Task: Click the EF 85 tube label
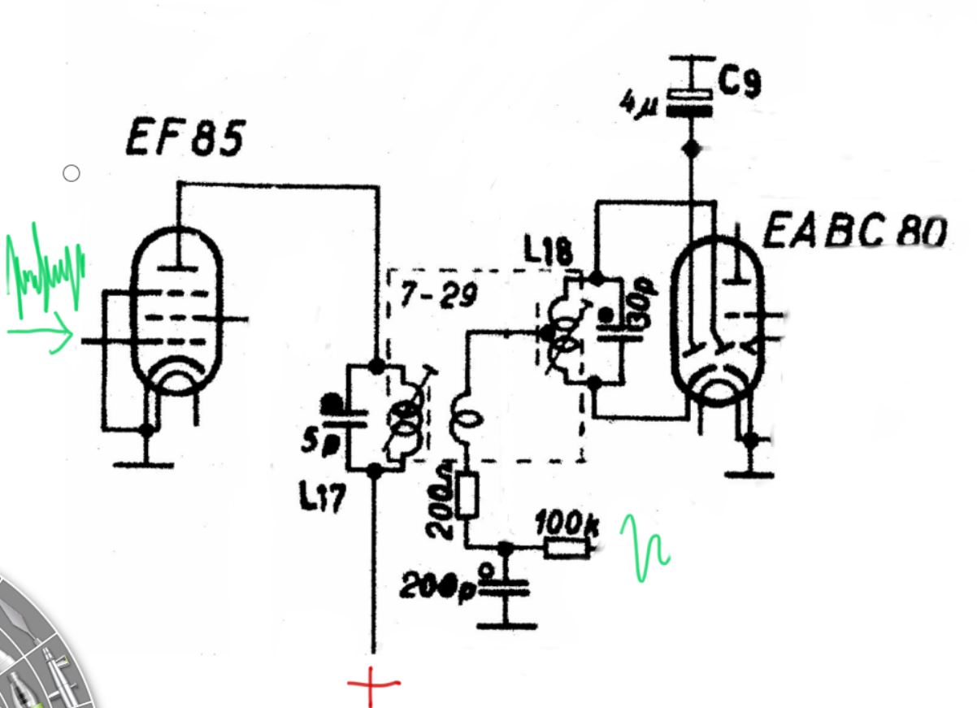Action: (185, 139)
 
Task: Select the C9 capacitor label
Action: (740, 82)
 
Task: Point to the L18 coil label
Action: (549, 254)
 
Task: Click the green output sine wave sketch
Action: (645, 549)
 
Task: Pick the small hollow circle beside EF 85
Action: (72, 173)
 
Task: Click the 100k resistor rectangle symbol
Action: (566, 549)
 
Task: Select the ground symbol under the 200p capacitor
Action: (505, 625)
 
